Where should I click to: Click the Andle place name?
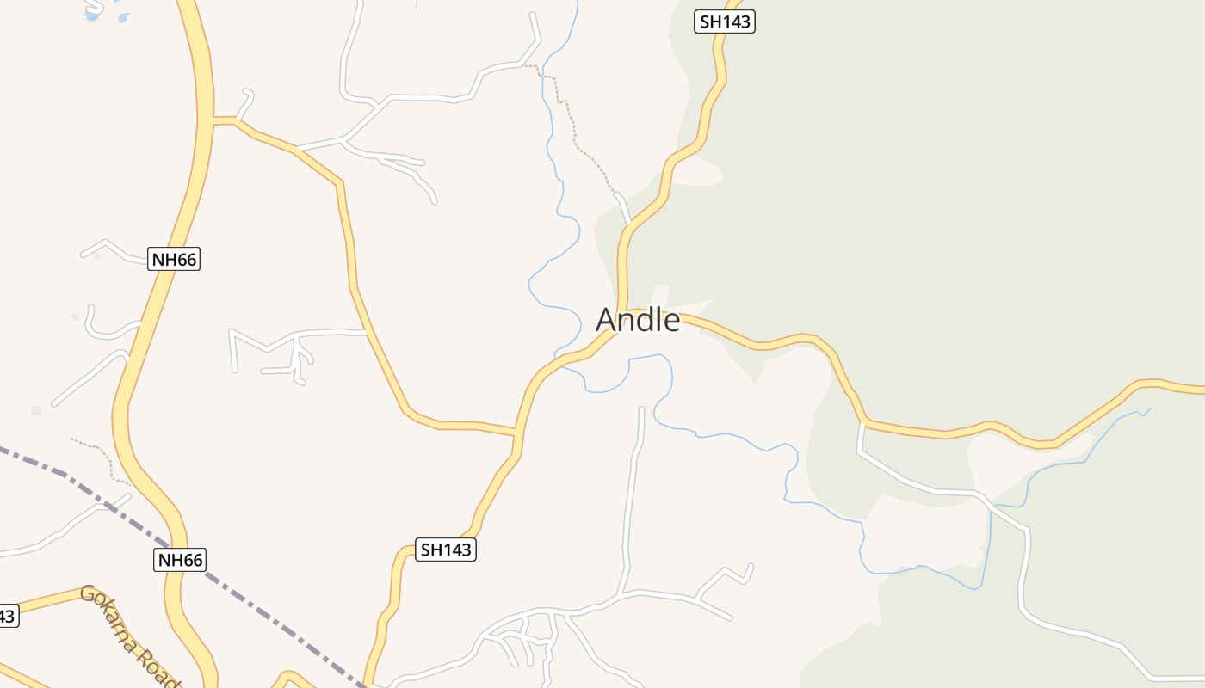coord(638,320)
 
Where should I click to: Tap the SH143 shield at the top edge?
coord(725,22)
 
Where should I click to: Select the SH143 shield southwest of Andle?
coord(446,550)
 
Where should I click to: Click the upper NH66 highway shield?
coord(174,259)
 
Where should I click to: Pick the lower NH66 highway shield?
coord(181,560)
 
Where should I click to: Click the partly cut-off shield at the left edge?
coord(7,616)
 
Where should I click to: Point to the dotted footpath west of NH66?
coord(100,452)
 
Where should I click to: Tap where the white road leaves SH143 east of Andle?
coord(862,424)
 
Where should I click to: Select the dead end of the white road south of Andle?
coord(641,410)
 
